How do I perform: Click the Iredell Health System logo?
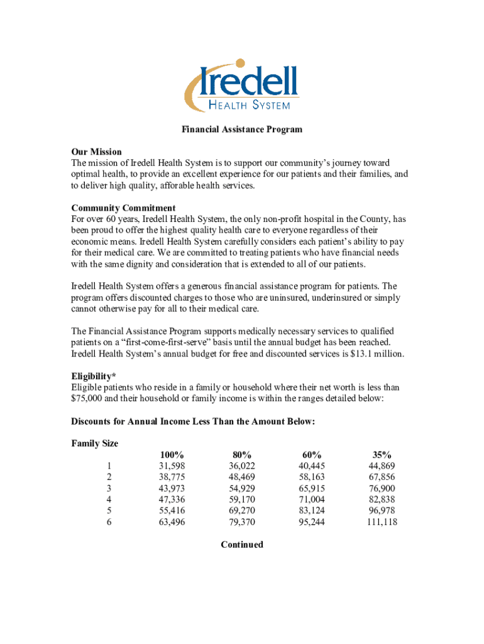(241, 86)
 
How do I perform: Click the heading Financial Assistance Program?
(242, 130)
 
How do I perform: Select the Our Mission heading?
(96, 152)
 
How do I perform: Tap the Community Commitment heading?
(123, 208)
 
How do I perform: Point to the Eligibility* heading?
(94, 376)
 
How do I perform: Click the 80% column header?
(241, 455)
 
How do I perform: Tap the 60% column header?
(311, 455)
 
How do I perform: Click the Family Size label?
(94, 443)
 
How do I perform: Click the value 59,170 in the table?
(241, 499)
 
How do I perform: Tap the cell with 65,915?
(311, 488)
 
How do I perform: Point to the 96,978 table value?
(382, 511)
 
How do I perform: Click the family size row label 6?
(109, 522)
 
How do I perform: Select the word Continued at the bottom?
(242, 545)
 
